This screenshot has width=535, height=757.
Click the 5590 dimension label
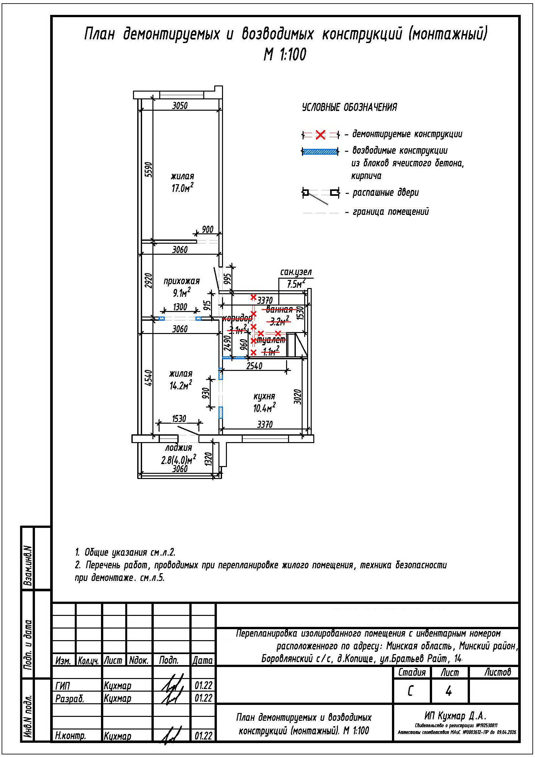tap(149, 170)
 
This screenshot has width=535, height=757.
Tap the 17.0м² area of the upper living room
tap(182, 188)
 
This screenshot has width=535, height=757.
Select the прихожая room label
tap(182, 281)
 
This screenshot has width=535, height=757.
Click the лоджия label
tap(178, 448)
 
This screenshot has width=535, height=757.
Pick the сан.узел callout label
tap(296, 272)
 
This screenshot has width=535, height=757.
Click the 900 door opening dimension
tap(207, 229)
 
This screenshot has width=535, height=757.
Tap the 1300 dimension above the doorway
tap(180, 307)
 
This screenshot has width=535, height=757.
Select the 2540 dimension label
tap(254, 366)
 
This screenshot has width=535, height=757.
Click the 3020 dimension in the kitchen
tap(297, 397)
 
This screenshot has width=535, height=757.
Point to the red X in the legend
tap(320, 135)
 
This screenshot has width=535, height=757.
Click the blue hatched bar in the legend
tap(320, 152)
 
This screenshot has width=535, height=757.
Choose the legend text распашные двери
tap(385, 193)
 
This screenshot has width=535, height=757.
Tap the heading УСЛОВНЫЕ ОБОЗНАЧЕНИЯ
tap(350, 107)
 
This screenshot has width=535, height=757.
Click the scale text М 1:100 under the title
tap(285, 55)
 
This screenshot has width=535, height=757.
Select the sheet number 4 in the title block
tap(448, 691)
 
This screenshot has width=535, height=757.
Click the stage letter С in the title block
tap(410, 691)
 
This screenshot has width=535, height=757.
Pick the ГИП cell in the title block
tap(63, 686)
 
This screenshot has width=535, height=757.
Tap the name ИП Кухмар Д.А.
tap(455, 716)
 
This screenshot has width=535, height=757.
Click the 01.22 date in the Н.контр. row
tap(203, 736)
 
